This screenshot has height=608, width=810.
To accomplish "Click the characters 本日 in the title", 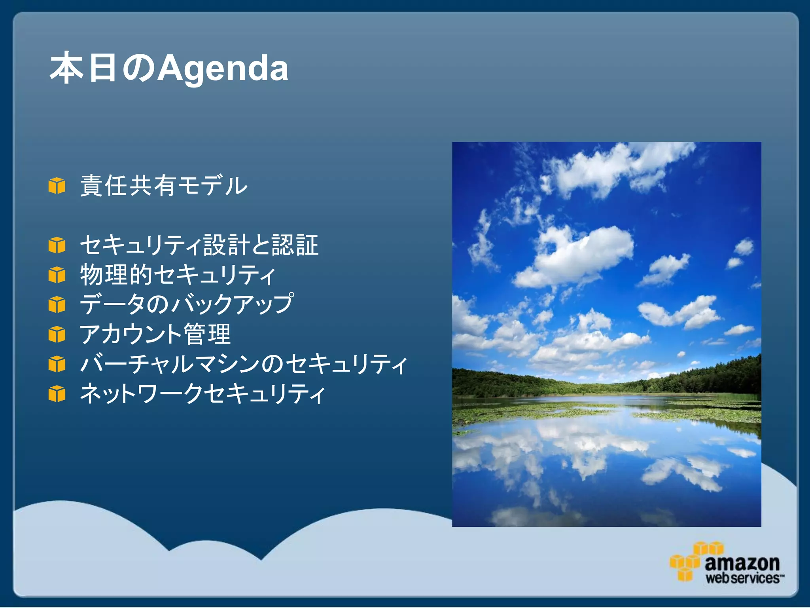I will pyautogui.click(x=84, y=68).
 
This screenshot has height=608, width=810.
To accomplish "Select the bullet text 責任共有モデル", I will pyautogui.click(x=164, y=185).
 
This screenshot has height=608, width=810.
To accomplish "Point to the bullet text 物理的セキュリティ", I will pyautogui.click(x=178, y=274).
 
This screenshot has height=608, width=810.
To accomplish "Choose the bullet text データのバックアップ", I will pyautogui.click(x=187, y=304).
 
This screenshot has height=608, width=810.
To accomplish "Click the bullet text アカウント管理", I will pyautogui.click(x=155, y=334).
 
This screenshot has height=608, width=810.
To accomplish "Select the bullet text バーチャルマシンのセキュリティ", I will pyautogui.click(x=243, y=363).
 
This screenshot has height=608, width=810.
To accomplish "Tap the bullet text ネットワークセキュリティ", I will pyautogui.click(x=202, y=393).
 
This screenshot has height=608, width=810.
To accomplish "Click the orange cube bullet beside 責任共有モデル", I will pyautogui.click(x=57, y=186).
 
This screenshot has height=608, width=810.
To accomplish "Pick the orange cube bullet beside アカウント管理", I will pyautogui.click(x=57, y=334).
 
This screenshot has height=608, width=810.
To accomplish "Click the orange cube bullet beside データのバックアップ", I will pyautogui.click(x=57, y=304).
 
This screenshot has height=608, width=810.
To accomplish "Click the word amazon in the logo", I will pyautogui.click(x=742, y=562).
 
